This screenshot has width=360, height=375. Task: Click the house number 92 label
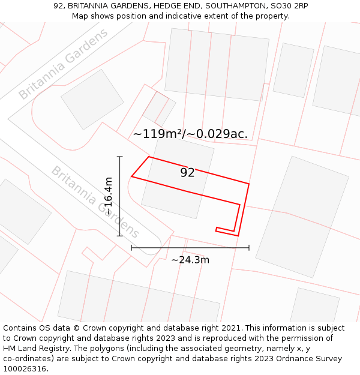click(x=187, y=173)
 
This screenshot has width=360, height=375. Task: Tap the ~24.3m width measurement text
click(x=190, y=260)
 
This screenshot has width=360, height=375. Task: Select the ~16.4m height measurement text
click(x=108, y=196)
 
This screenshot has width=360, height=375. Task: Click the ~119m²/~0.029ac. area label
click(x=190, y=134)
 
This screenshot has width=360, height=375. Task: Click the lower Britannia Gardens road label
click(x=95, y=202)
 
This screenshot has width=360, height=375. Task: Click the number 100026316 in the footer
click(x=25, y=368)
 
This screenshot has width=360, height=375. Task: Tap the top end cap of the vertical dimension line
click(x=120, y=157)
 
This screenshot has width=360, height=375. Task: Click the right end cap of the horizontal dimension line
click(x=249, y=247)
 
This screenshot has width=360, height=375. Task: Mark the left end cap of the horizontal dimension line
click(x=131, y=247)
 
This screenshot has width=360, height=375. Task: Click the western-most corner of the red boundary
click(x=131, y=177)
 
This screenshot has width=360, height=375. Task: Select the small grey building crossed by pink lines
click(x=159, y=108)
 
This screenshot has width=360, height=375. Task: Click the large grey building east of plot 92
click(x=302, y=217)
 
